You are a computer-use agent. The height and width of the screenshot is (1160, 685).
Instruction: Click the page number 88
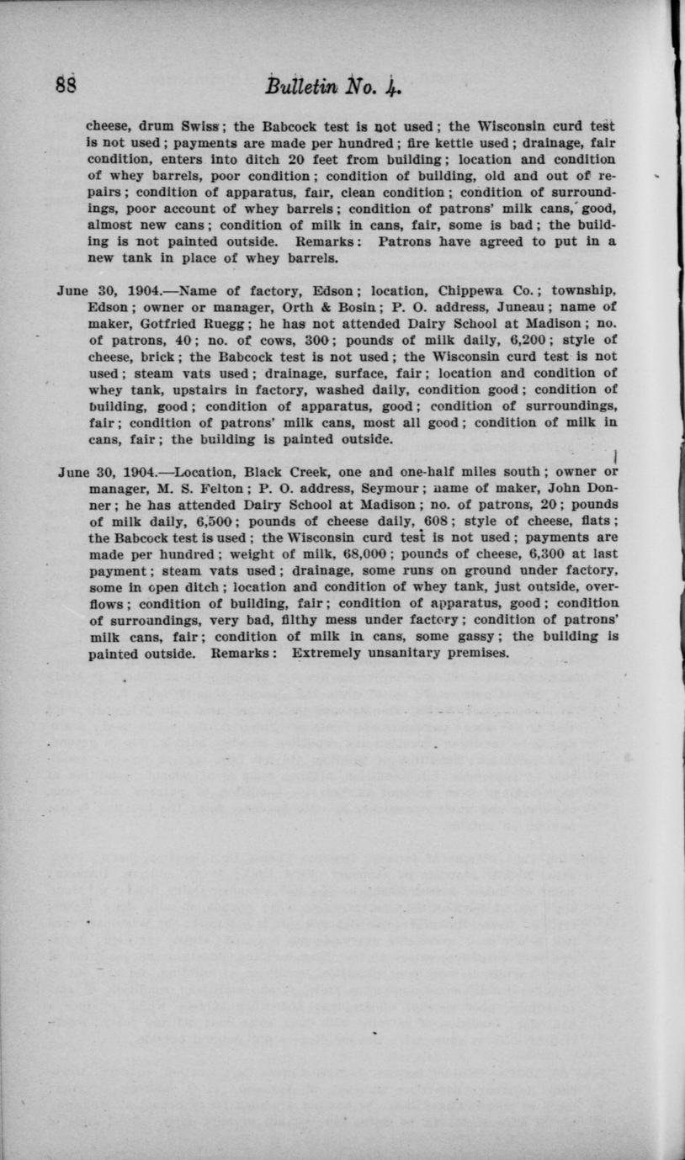point(66,86)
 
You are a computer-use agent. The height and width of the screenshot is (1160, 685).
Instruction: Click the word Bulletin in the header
point(295,86)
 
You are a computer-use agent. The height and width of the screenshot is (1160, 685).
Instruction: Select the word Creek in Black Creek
point(286,472)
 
